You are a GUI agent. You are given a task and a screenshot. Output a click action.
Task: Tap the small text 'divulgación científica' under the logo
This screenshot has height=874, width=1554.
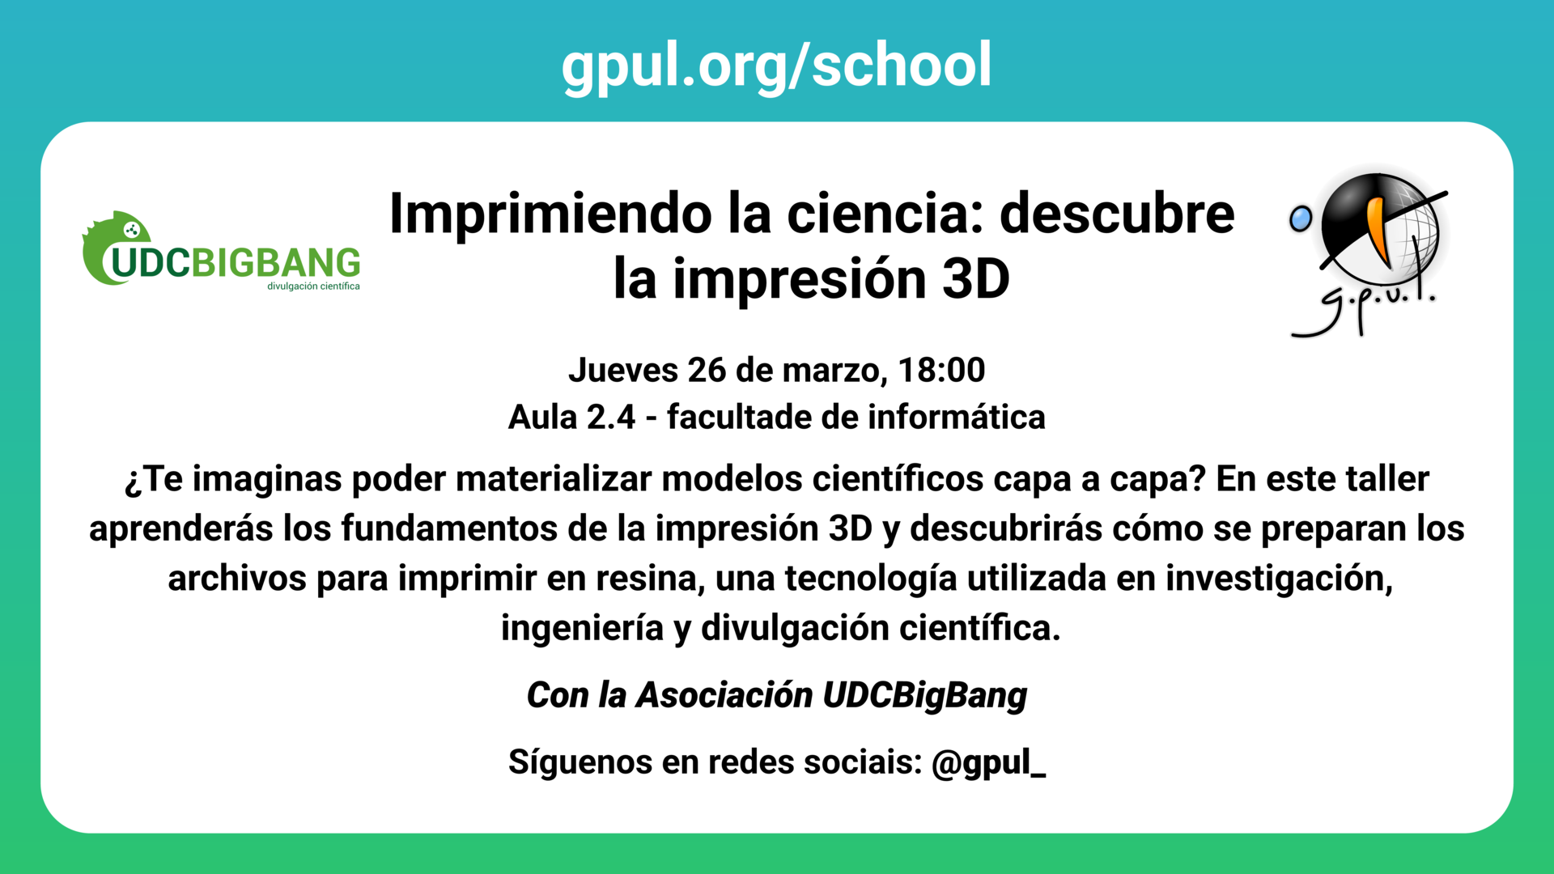[x=313, y=286]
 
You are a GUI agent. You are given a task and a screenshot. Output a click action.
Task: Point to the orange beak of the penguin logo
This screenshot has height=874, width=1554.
[x=1377, y=231]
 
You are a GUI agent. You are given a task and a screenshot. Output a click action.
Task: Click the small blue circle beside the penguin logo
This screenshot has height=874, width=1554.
[x=1301, y=218]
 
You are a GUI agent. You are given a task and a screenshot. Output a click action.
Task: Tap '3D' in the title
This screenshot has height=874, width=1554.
[x=976, y=279]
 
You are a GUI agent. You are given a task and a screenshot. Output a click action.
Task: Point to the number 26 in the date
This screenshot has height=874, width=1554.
[x=707, y=371]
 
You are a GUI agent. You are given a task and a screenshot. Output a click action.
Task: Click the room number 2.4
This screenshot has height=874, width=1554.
[x=611, y=418]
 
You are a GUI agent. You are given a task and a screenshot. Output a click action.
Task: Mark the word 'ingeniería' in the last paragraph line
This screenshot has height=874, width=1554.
[x=582, y=628]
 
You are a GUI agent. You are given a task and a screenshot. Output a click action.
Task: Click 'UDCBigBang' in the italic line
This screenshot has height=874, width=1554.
[x=924, y=695]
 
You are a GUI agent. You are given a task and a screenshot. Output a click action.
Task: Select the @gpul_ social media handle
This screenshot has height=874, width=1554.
[x=988, y=762]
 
